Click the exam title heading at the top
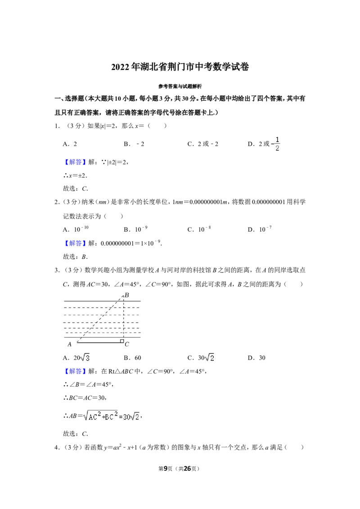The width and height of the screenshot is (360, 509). coord(180,67)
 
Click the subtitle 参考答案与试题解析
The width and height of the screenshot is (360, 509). coord(180,86)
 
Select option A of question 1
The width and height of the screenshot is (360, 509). coord(70,144)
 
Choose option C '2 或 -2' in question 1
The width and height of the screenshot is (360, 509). coord(203,144)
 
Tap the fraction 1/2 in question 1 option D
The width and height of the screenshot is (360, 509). coord(277,144)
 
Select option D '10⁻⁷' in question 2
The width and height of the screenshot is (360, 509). coord(260,229)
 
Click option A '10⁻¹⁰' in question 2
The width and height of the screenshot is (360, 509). coord(76,229)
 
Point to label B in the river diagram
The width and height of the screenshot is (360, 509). coord(127,295)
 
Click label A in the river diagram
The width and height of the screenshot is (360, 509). coord(69,344)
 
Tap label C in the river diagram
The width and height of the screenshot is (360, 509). coord(127,344)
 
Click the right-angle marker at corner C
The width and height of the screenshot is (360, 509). coord(122,341)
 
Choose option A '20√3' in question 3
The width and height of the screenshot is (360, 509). coord(76,358)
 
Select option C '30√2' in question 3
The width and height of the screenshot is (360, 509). coord(201,358)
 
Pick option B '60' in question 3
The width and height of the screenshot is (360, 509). coord(133,358)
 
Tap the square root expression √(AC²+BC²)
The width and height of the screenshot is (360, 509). coord(100,416)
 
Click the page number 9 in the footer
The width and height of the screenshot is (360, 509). coord(166,469)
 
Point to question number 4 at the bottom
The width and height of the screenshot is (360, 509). coord(57,447)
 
